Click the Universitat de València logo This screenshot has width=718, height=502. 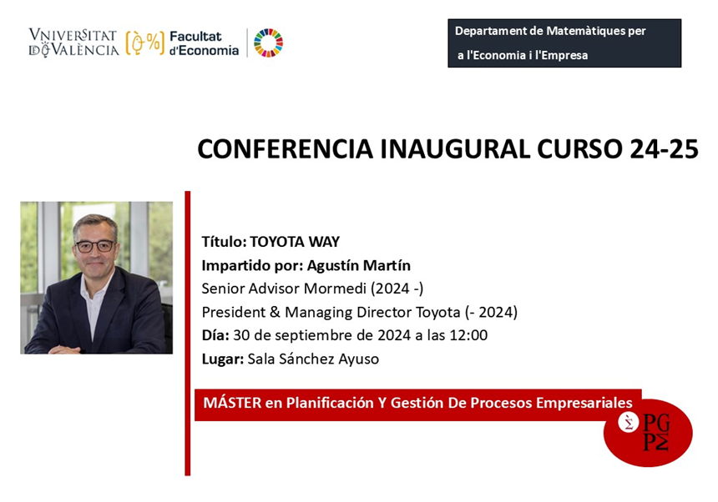[x=73, y=43]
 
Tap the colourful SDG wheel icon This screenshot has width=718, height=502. [x=268, y=43]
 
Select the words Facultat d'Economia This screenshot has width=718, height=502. [x=204, y=43]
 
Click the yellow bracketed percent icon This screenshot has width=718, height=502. [x=144, y=43]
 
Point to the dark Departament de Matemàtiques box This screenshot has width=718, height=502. [x=564, y=43]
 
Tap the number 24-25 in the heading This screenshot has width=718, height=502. [x=664, y=149]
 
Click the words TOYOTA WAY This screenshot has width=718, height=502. [x=295, y=241]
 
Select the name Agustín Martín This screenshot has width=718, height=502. [x=358, y=265]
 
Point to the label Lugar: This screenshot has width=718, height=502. [x=223, y=359]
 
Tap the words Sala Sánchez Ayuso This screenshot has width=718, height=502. [x=313, y=359]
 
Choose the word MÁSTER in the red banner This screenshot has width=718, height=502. [x=233, y=402]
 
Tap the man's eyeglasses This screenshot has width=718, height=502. [x=96, y=246]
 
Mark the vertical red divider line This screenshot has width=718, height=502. [x=187, y=334]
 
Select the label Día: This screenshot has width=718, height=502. [x=215, y=335]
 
